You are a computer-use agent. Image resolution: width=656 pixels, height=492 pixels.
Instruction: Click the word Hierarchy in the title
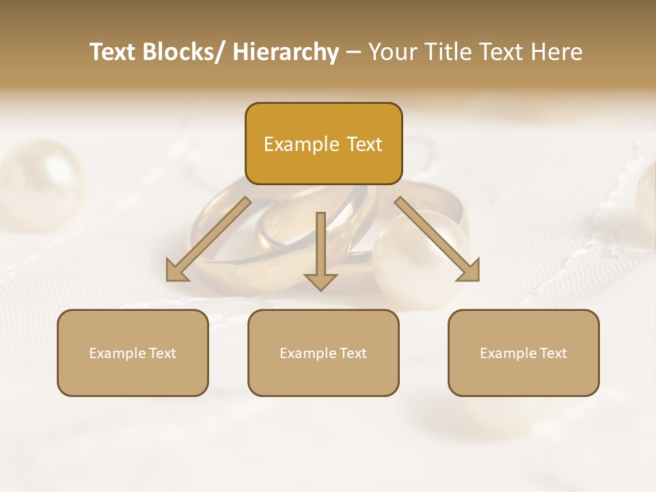click(x=286, y=52)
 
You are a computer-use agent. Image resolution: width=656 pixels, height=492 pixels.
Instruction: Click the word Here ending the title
click(x=557, y=52)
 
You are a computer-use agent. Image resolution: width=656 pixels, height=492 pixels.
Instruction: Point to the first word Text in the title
click(x=113, y=52)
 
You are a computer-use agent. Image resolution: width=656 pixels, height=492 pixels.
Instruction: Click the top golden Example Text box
click(x=323, y=143)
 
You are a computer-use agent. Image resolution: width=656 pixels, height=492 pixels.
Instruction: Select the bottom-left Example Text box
click(x=133, y=353)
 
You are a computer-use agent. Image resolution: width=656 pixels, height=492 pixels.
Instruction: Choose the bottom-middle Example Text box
click(x=323, y=353)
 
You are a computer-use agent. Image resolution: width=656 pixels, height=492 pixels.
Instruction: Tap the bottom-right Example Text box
click(x=523, y=353)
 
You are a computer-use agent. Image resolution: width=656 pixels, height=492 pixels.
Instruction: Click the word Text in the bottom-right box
click(x=553, y=353)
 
